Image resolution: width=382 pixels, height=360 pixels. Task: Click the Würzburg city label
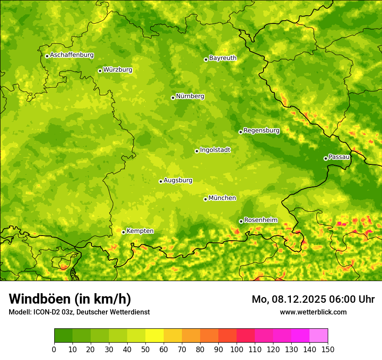click(118, 70)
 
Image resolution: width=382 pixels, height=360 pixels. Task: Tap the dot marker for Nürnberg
click(173, 98)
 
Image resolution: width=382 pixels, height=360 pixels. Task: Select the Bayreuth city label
click(223, 58)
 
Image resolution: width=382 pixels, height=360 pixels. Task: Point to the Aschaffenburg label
click(72, 55)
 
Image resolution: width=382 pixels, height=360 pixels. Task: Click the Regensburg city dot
click(240, 132)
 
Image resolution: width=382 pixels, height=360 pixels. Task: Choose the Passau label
click(339, 157)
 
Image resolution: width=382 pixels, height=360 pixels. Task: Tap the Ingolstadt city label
click(215, 150)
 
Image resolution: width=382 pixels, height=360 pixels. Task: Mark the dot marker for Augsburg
click(161, 181)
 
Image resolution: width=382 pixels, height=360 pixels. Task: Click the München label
click(222, 198)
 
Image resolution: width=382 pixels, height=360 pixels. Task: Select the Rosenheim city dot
click(241, 221)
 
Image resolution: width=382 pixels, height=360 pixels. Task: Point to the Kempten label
click(140, 231)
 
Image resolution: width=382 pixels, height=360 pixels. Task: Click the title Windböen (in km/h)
click(69, 299)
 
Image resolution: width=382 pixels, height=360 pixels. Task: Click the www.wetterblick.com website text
click(313, 312)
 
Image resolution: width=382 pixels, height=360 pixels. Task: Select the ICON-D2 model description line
click(79, 312)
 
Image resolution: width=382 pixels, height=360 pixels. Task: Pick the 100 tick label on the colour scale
click(237, 350)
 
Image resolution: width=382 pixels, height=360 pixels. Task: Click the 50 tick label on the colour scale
click(145, 350)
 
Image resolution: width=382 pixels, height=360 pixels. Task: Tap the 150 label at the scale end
click(328, 350)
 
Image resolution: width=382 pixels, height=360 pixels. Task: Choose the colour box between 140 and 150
click(319, 336)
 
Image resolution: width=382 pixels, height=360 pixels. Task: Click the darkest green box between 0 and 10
click(63, 336)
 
